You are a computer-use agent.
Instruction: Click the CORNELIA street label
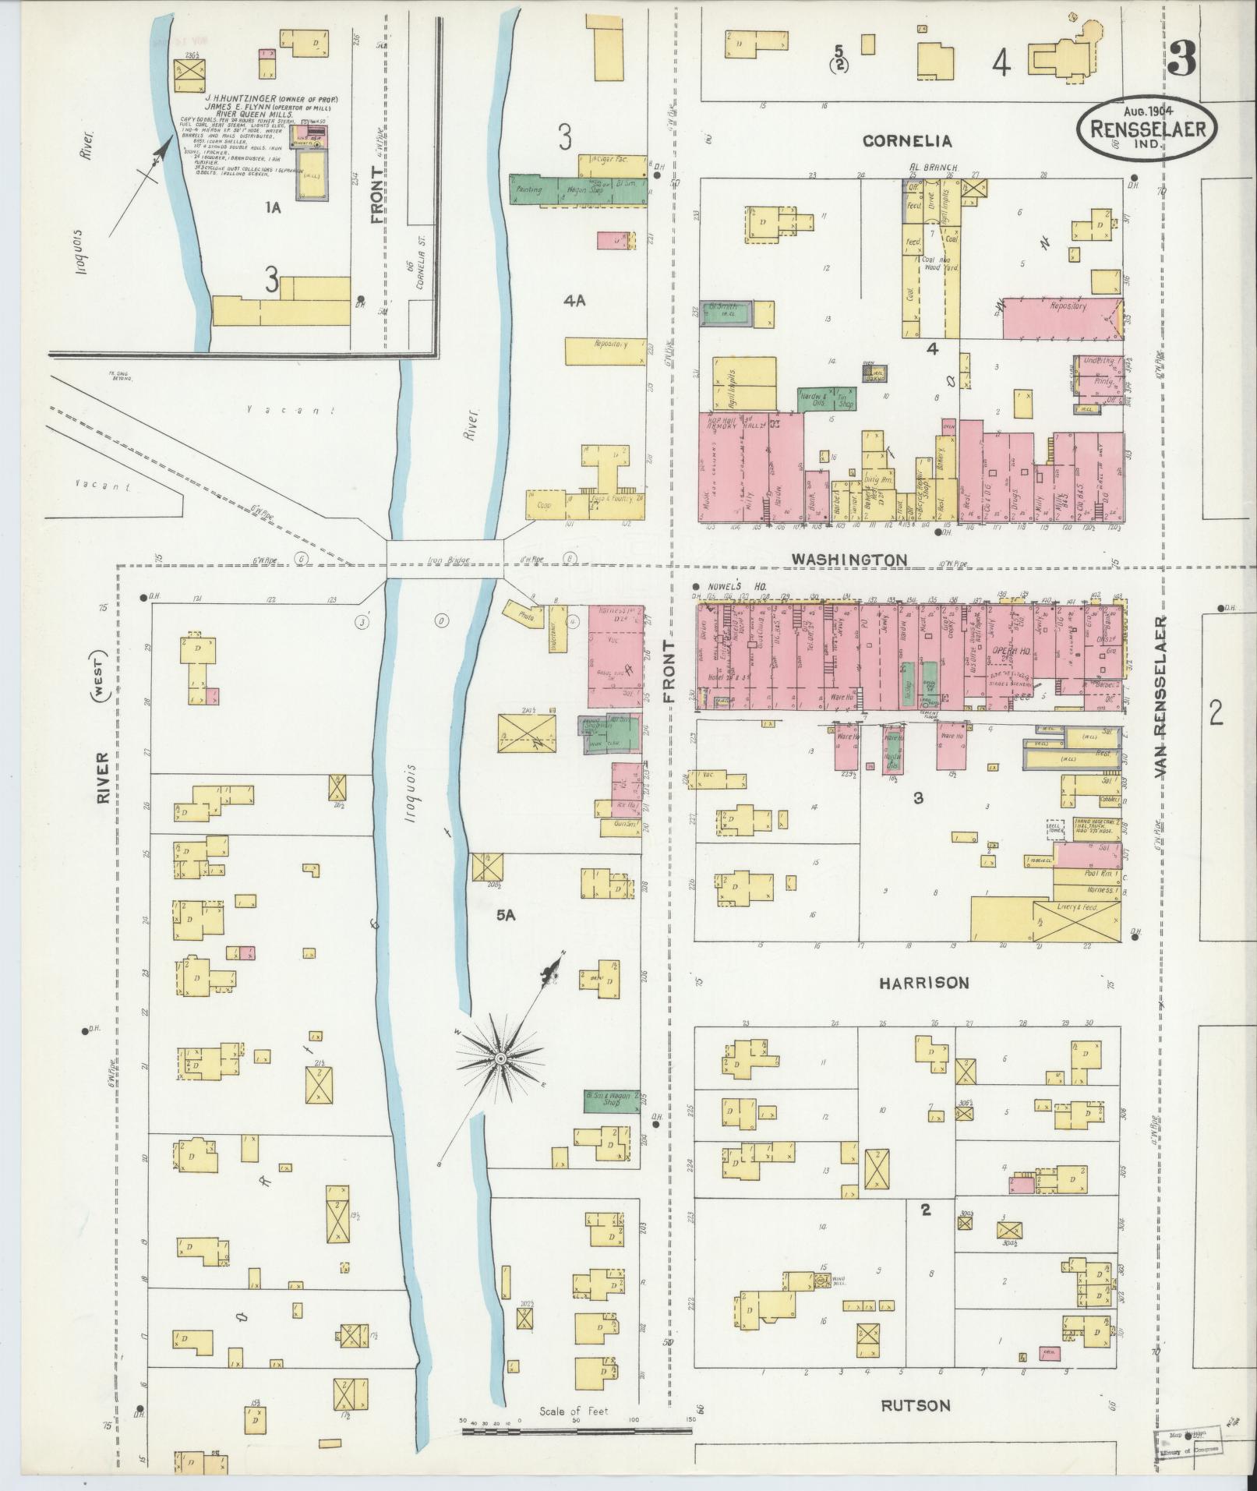pos(907,141)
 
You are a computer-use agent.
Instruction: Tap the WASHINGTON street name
pos(849,560)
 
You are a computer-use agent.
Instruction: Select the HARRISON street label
pos(924,984)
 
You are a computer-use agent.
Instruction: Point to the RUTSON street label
pos(916,1406)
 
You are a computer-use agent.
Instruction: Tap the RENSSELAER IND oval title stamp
pos(1142,124)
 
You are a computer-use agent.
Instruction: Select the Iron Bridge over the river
pos(445,560)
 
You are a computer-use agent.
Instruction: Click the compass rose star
pos(500,1058)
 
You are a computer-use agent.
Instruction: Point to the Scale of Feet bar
pos(576,1431)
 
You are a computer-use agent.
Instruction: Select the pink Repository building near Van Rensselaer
pos(1063,318)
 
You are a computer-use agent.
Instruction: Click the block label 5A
pos(506,916)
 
